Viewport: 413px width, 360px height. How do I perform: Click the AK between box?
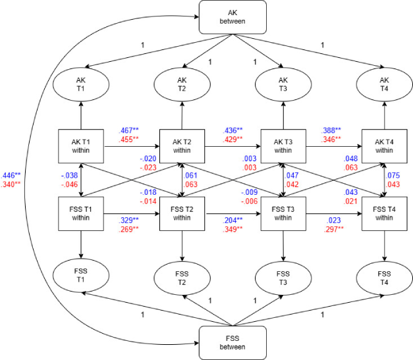233,17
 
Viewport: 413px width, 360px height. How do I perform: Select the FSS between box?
233,343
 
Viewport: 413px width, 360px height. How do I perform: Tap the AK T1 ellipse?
81,84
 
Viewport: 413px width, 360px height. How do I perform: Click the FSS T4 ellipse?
384,278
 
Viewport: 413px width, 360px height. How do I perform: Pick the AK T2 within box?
182,146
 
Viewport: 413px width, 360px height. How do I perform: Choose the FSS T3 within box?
283,214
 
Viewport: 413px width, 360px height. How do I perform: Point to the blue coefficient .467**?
128,130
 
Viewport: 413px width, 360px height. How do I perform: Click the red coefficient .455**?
128,140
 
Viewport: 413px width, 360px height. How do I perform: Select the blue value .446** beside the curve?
11,176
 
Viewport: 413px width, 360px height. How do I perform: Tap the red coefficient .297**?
334,229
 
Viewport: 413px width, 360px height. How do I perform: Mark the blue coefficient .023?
334,220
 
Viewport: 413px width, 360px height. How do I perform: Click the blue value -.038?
70,176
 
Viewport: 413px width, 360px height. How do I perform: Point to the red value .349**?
233,229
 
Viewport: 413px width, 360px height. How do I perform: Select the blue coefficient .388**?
331,130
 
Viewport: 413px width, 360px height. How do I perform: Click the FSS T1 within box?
81,214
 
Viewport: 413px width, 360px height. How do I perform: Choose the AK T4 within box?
384,146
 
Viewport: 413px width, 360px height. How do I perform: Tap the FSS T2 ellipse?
182,278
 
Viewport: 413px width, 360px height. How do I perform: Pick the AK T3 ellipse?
283,84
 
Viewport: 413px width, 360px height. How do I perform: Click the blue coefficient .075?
393,176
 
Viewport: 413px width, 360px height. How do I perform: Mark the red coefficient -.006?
249,201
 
